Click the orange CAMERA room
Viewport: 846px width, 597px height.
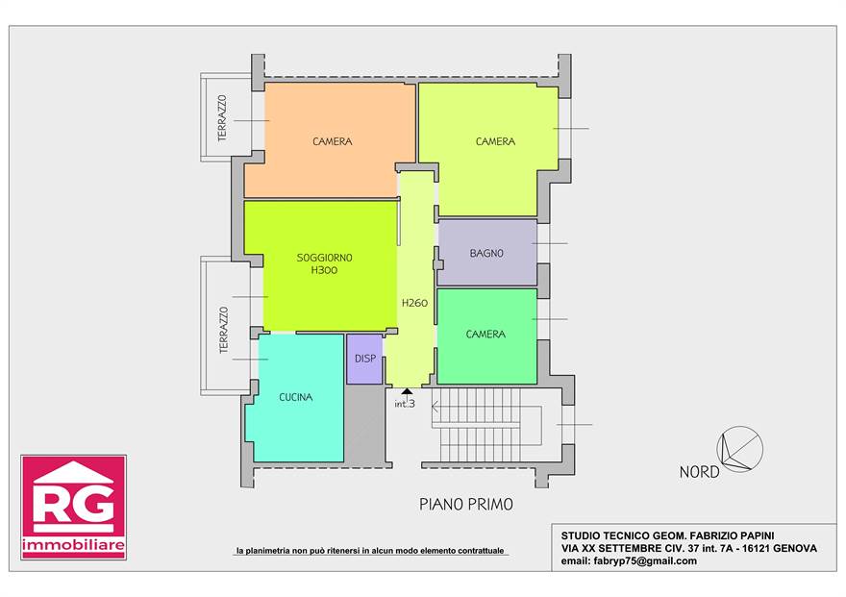point(329,140)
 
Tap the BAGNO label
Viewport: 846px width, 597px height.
point(486,253)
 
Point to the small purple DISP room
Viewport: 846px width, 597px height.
point(364,360)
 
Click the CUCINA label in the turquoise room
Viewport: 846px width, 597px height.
point(296,397)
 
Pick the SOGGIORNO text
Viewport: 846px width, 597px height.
point(324,258)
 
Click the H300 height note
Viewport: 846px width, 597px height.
point(324,270)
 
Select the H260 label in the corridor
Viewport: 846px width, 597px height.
point(415,303)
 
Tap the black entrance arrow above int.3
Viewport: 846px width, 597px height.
point(408,391)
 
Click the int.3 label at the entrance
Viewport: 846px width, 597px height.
point(405,404)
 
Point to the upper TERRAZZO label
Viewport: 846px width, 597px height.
point(222,118)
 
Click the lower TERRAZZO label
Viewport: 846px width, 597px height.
point(223,330)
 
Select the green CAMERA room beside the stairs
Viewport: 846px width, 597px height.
point(486,336)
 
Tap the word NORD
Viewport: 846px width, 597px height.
point(699,472)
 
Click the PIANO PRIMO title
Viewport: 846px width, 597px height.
point(466,505)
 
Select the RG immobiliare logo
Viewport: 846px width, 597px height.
point(73,507)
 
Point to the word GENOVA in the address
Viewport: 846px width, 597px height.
point(795,549)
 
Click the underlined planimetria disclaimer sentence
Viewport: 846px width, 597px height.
point(370,551)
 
